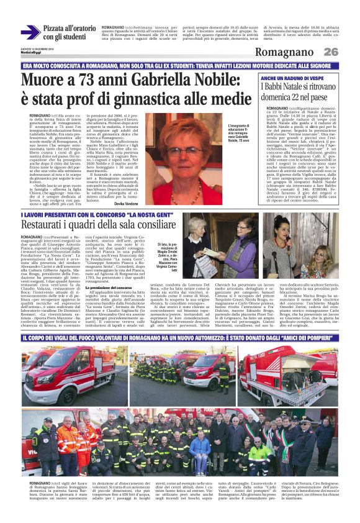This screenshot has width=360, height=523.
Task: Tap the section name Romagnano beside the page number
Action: click(x=292, y=53)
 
